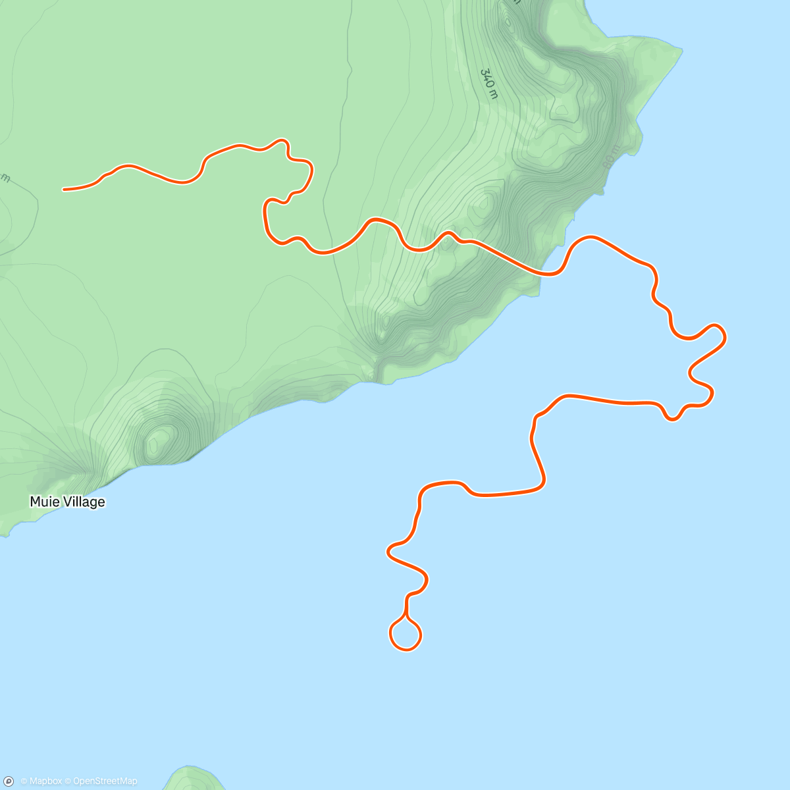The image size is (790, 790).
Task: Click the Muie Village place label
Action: pyautogui.click(x=67, y=502)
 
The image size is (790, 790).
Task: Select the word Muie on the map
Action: pyautogui.click(x=41, y=502)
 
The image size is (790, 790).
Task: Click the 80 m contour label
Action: pyautogui.click(x=610, y=157)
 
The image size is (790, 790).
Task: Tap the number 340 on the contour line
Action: pyautogui.click(x=487, y=78)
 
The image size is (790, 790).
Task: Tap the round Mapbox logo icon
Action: pyautogui.click(x=9, y=781)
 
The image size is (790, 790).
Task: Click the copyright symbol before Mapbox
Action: pyautogui.click(x=24, y=781)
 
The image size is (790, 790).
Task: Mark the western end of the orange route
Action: pyautogui.click(x=64, y=190)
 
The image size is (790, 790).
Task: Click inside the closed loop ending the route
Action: pyautogui.click(x=406, y=635)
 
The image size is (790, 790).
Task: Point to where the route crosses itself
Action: pyautogui.click(x=406, y=618)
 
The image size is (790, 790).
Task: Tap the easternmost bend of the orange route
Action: pyautogui.click(x=725, y=337)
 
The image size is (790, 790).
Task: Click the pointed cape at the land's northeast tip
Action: pyautogui.click(x=680, y=47)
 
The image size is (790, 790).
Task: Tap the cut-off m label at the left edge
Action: pyautogui.click(x=5, y=178)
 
